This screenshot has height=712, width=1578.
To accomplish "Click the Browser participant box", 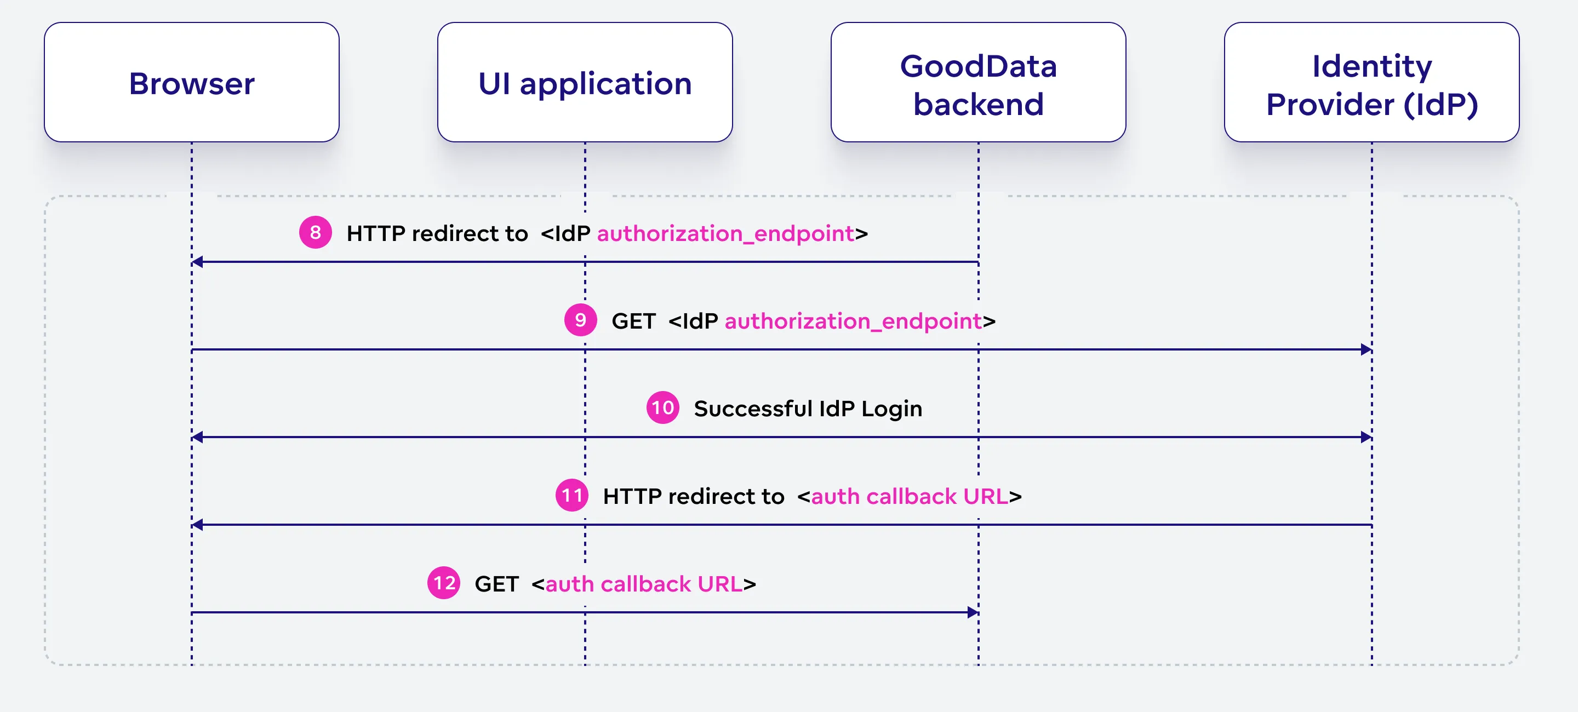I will click(x=192, y=83).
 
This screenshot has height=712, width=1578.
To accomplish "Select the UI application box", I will click(x=585, y=83).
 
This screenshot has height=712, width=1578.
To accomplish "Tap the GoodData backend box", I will click(x=978, y=83).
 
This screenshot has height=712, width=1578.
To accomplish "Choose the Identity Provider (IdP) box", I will click(x=1371, y=83).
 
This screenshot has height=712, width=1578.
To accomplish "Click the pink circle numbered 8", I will click(x=316, y=233).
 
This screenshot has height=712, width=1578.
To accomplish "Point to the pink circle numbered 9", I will click(x=580, y=320).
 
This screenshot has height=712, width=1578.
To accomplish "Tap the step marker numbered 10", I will click(x=663, y=407).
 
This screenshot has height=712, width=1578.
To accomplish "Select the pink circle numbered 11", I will click(x=571, y=495).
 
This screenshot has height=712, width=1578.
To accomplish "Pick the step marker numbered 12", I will click(x=443, y=583).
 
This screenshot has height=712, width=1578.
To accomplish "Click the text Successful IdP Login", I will click(x=808, y=409).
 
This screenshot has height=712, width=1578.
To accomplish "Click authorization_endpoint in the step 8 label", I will click(x=725, y=233).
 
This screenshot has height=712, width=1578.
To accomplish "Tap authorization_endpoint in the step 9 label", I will click(x=853, y=321).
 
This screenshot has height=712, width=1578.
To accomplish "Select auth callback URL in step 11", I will click(x=909, y=496).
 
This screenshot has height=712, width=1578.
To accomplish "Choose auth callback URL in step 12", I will click(x=643, y=583).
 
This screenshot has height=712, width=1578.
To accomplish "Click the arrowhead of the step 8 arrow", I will click(x=197, y=262).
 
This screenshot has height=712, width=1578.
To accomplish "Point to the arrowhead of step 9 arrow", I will click(x=1366, y=349).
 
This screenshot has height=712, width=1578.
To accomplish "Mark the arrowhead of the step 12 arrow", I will click(x=973, y=612).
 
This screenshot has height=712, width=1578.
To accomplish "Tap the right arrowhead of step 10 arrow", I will click(x=1366, y=437).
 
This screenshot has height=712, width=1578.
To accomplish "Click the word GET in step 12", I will click(x=496, y=583).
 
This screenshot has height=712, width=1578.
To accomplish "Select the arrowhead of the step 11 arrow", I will click(x=197, y=525).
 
